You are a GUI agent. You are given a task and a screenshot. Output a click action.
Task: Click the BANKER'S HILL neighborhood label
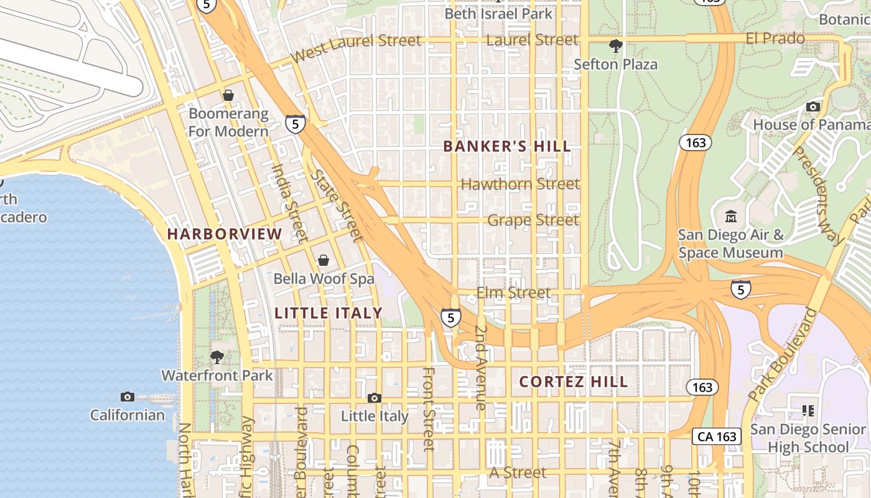coord(506,147)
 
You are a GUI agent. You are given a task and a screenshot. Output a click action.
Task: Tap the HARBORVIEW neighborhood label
coord(225,234)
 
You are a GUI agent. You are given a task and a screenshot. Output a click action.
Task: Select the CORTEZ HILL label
coord(574,382)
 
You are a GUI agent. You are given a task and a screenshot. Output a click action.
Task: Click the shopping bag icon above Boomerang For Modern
coord(228,95)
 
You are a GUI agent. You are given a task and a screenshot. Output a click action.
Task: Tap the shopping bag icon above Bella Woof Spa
coord(324,260)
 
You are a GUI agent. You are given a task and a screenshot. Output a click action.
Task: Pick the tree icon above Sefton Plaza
coord(615,45)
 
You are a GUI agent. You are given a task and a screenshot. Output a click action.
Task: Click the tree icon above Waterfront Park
coord(217,357)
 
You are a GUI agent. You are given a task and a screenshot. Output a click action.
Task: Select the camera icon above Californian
coord(128,397)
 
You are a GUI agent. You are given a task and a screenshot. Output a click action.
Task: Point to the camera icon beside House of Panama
coord(813,106)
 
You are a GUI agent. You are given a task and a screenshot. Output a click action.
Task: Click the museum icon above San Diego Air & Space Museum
coord(731,217)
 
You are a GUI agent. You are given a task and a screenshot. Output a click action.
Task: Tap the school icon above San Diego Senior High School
coord(808,410)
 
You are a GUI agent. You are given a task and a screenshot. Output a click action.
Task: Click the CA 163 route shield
coord(717,436)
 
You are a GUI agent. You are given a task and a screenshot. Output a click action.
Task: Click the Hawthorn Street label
coord(520,184)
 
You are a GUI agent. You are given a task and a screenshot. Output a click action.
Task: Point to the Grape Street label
coord(533,220)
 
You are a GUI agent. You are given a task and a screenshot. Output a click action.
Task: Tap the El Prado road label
coord(775,39)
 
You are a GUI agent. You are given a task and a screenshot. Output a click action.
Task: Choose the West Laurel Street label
coord(355,47)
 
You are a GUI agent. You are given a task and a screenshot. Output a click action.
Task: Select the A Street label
coord(518,473)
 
